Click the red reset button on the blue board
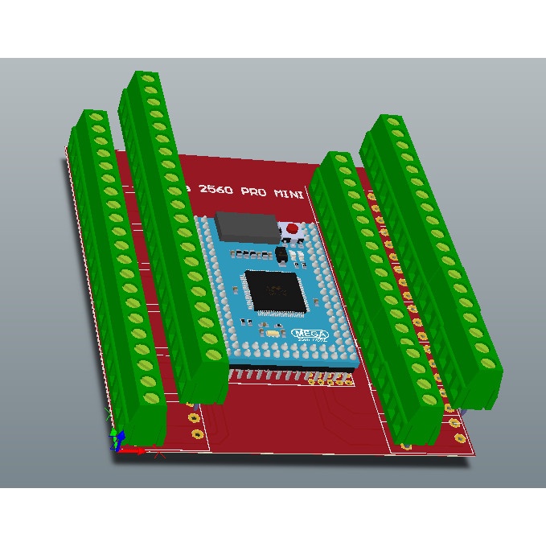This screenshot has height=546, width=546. [x=291, y=231]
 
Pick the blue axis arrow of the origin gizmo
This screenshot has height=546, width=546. [x=119, y=438]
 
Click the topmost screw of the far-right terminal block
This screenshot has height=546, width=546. [x=393, y=121]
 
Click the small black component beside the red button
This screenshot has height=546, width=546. [x=281, y=254]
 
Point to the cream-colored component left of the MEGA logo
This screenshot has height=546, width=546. [x=273, y=333]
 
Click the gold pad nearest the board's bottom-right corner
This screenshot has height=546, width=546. [x=459, y=438]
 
